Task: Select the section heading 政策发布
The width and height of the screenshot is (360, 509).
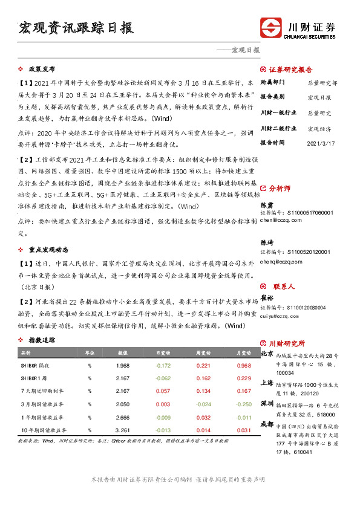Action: click(x=42, y=70)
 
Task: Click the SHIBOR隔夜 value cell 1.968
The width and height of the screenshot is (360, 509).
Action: click(x=123, y=366)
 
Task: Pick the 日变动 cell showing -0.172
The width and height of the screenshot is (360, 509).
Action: click(x=163, y=366)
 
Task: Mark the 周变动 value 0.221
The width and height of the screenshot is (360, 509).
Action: click(x=203, y=366)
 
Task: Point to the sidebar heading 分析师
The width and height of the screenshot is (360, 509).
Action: click(x=280, y=189)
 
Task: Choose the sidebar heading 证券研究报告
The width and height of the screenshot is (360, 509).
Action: click(x=290, y=70)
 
